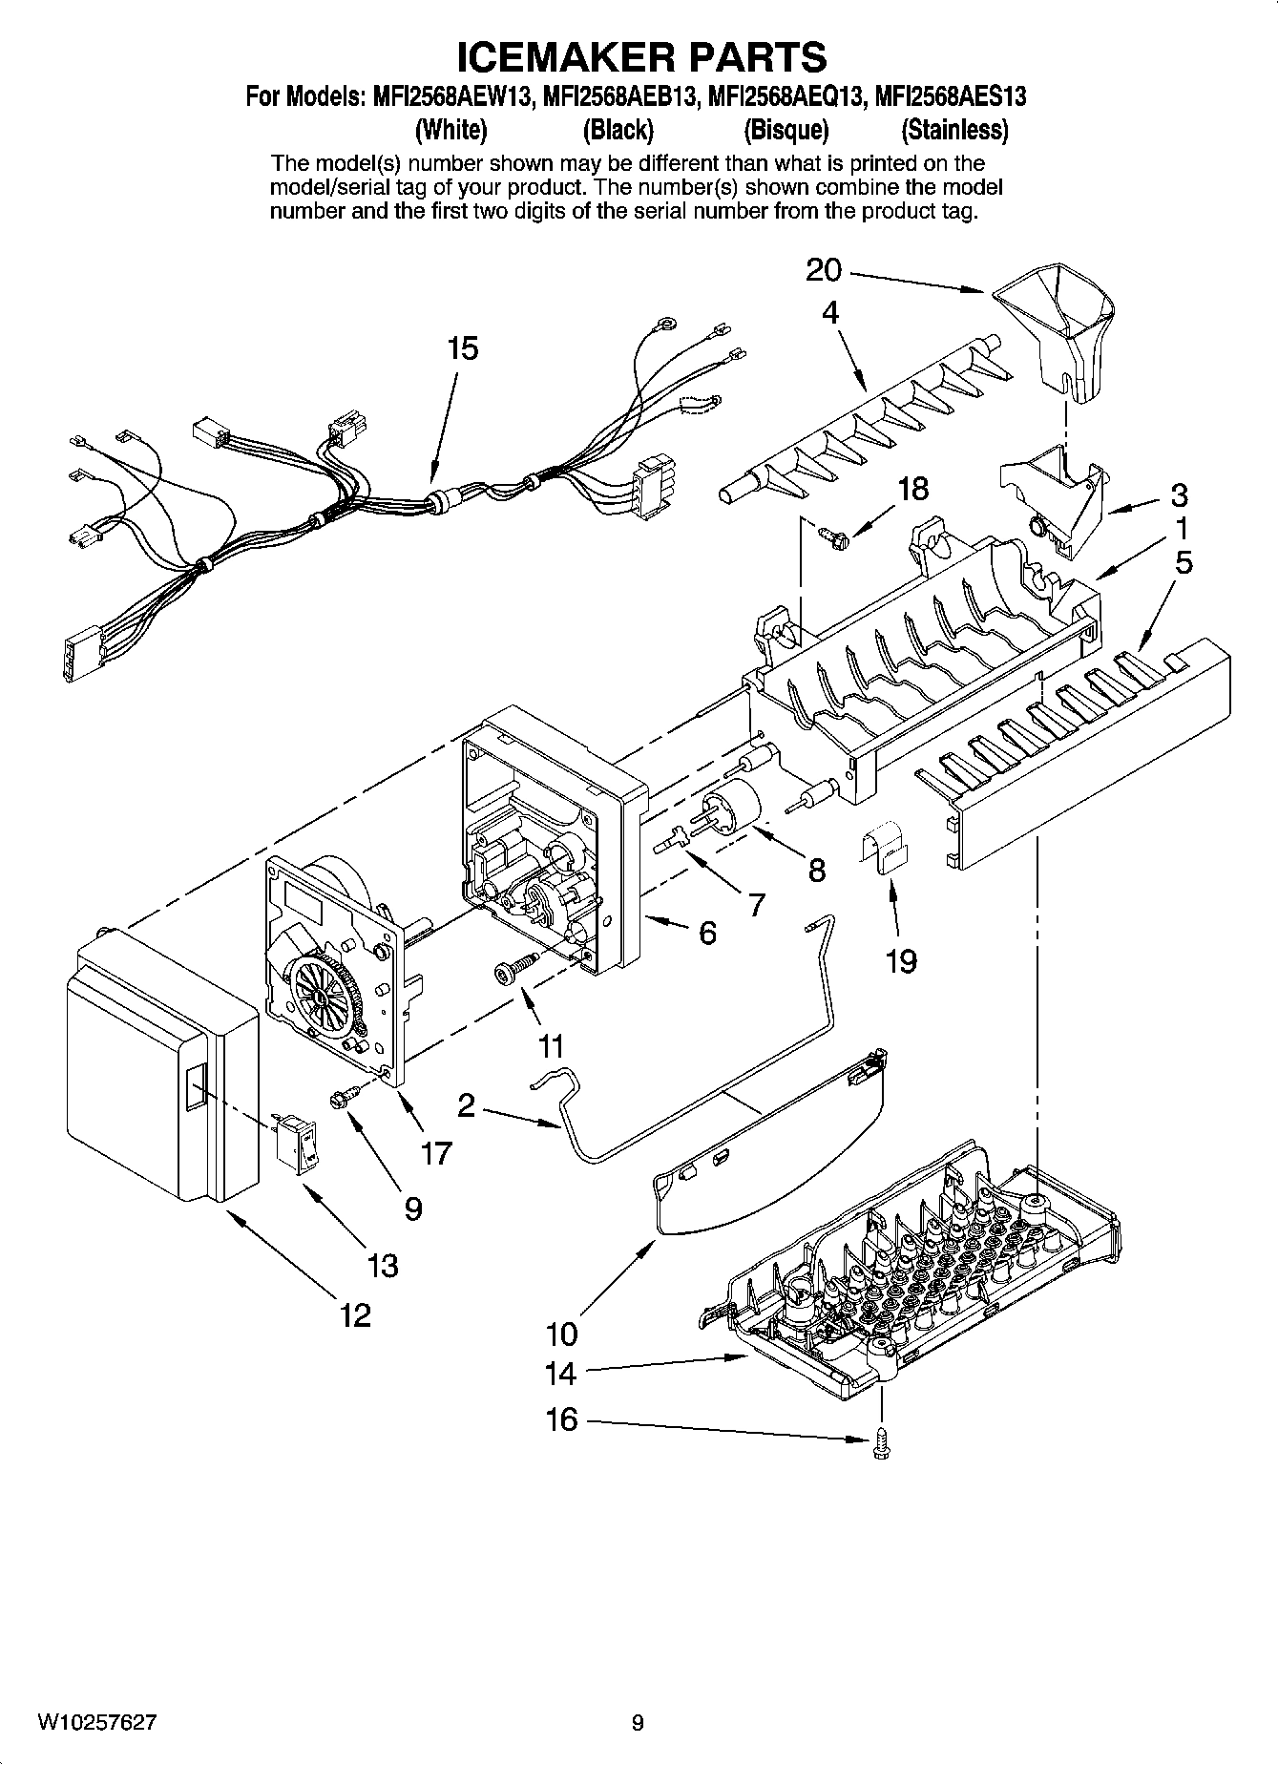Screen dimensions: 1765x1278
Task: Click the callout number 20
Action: coord(824,270)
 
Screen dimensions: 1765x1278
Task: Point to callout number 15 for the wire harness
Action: coord(462,349)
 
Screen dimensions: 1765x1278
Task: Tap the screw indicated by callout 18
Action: coord(828,536)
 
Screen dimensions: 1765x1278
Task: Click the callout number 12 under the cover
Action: coord(355,1316)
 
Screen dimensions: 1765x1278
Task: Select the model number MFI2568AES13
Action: coord(951,96)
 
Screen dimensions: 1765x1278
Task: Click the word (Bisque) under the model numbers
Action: coord(786,129)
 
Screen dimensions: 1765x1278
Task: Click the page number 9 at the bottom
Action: coord(638,1722)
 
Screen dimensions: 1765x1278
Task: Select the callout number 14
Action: coord(560,1374)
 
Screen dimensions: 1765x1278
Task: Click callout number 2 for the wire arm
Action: coord(467,1106)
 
